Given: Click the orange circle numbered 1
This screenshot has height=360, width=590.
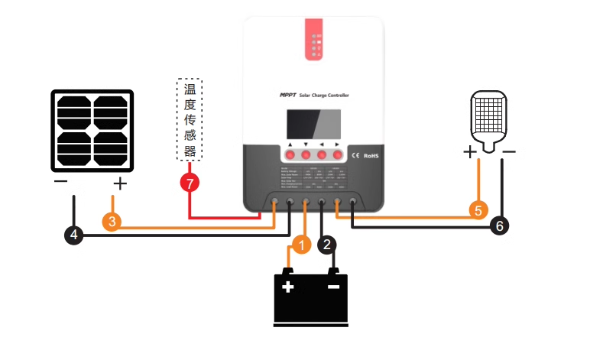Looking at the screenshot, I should click(301, 245).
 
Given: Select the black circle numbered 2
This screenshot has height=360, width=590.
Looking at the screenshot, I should click(327, 245).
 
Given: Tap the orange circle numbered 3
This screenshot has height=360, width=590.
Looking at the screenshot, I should click(112, 222).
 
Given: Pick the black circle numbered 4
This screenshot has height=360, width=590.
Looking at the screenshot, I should click(74, 235).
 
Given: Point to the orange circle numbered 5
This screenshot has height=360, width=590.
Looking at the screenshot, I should click(478, 209).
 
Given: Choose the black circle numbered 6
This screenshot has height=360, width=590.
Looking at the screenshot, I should click(498, 225).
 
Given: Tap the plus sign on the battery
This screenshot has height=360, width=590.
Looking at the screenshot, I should click(287, 287).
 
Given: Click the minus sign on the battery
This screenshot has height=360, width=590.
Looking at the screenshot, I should click(333, 287).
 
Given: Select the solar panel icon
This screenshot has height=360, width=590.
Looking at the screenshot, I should click(92, 131).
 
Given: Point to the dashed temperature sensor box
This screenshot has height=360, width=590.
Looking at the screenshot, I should click(190, 119).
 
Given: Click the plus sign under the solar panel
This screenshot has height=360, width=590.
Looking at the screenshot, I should click(119, 183).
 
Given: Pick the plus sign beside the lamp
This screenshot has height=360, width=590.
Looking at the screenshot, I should click(470, 152).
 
